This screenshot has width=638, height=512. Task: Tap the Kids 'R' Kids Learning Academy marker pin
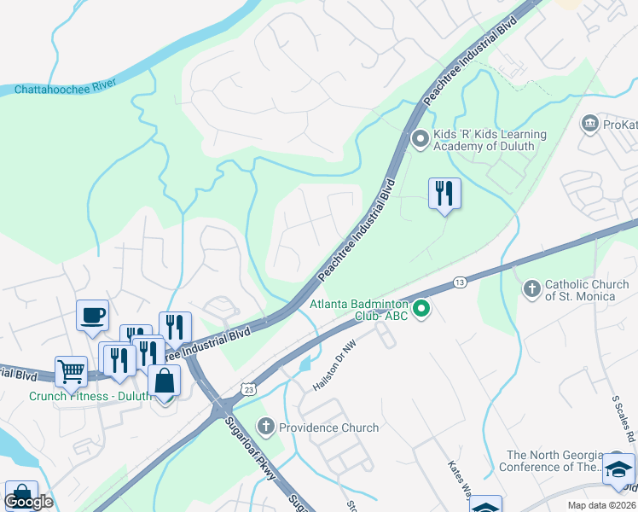(x=420, y=138)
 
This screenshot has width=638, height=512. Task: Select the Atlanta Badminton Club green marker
(x=420, y=309)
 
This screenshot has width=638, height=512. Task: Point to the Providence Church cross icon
(x=266, y=426)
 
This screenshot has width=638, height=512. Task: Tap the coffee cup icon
(x=93, y=315)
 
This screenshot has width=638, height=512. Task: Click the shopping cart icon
(x=71, y=371)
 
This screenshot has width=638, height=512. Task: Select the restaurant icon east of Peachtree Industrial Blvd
(x=444, y=193)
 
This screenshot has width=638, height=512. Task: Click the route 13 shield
(x=460, y=282)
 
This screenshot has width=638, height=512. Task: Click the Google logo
(x=28, y=502)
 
